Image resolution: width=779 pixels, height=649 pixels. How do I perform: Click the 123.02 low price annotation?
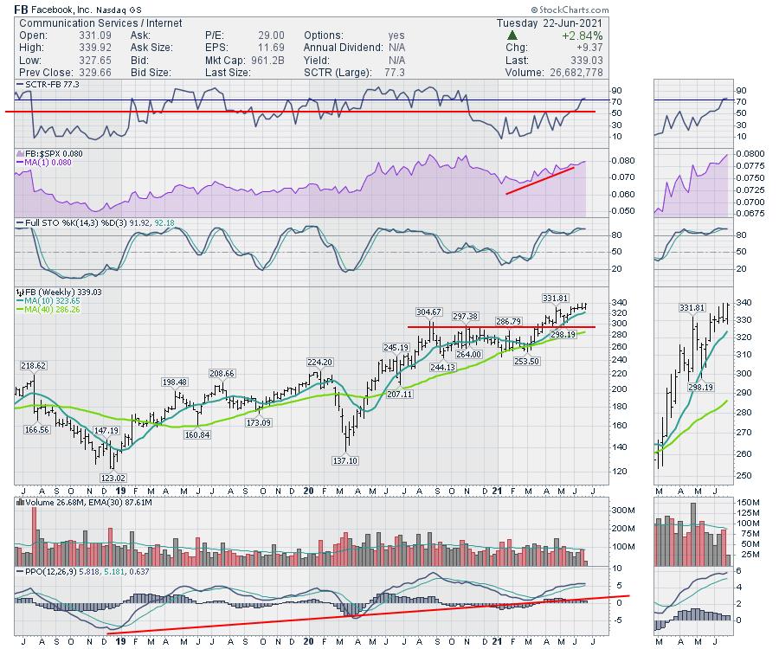click(x=113, y=478)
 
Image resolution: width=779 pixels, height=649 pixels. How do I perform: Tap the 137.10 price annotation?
click(x=344, y=460)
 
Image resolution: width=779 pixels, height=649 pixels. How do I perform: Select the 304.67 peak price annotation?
click(x=429, y=312)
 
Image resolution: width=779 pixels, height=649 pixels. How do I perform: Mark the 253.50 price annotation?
click(x=526, y=361)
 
